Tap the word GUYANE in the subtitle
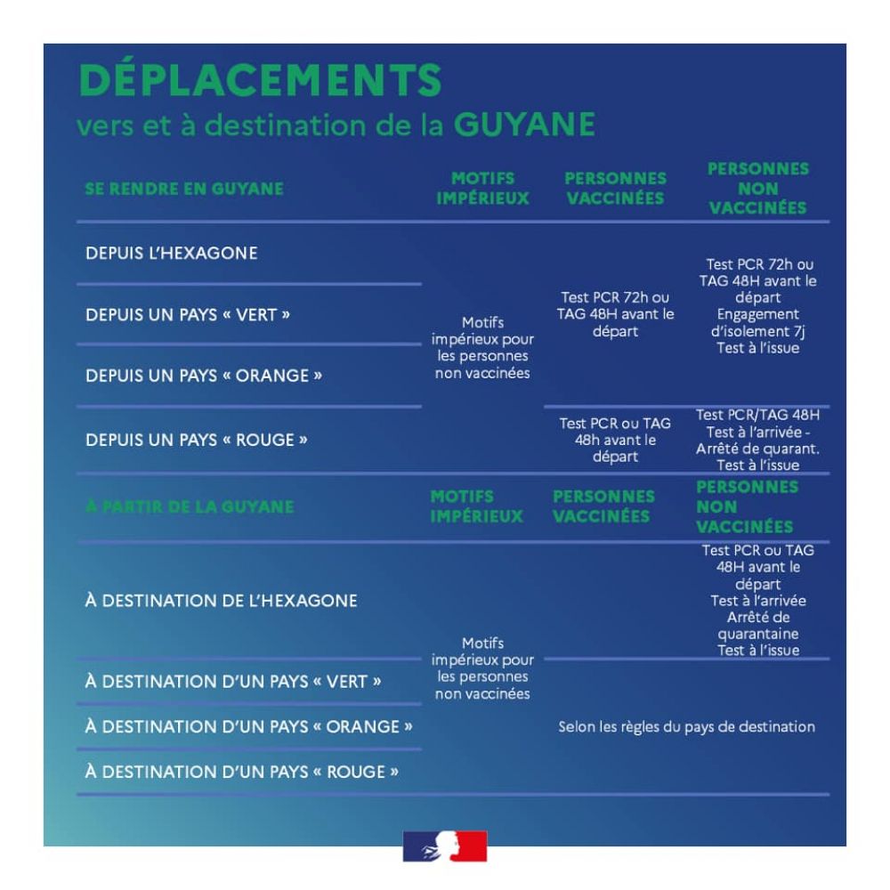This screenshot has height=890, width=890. pos(524,125)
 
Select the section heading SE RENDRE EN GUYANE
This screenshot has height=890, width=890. pos(184,189)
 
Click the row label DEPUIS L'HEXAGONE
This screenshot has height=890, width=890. pos(172,253)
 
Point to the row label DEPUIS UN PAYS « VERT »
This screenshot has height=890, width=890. pos(188,315)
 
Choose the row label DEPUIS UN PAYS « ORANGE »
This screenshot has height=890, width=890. pos(204,376)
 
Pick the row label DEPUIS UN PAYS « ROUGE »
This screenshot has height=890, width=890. pos(197,440)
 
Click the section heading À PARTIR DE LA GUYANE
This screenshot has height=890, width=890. pos(190,506)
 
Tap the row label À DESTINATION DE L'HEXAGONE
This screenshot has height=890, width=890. pos(222,601)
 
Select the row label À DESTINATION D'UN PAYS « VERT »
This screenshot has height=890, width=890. pos(233,681)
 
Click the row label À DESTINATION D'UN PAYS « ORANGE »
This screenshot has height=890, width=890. pos(248,726)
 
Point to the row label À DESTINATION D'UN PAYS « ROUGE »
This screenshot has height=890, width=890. pos(242,772)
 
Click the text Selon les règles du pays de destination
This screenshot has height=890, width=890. pos(687,727)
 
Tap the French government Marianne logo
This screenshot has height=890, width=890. pos(445,846)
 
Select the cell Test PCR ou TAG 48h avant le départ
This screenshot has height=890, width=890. pos(615,440)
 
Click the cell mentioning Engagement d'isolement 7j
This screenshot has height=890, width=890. pos(758,306)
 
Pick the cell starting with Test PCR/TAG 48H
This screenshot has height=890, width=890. pos(758,440)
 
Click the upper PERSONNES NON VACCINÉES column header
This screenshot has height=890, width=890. pos(758,189)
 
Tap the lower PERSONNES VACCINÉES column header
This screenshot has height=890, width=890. pos(604,506)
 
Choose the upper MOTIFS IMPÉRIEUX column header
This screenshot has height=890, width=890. pos(483,189)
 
